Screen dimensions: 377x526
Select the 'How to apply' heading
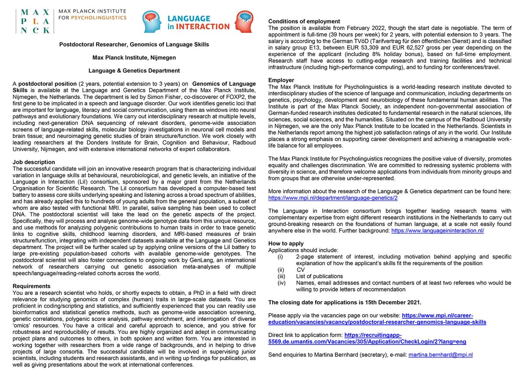pos(286,244)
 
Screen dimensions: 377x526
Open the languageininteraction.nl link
pos(437,230)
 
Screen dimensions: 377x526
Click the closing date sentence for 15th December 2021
pos(345,302)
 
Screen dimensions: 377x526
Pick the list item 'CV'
pos(301,270)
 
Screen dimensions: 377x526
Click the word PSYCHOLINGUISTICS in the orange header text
pos(100,18)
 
